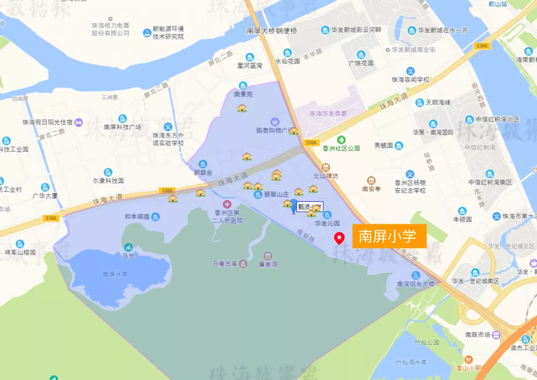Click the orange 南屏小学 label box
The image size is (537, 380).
pos(389,236)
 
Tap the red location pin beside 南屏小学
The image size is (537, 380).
pos(340,238)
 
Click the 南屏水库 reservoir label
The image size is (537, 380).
pos(116,274)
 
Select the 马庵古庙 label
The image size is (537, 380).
pos(224,263)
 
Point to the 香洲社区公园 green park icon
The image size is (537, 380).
pos(341,140)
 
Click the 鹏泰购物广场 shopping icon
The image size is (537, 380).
pos(275,121)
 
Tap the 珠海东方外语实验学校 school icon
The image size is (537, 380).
pos(168,127)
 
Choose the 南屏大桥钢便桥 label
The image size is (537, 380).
pos(272,31)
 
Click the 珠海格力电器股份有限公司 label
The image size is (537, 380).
pos(110,29)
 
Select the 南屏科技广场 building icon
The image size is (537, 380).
pos(122,118)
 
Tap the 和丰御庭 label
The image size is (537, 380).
pos(137,217)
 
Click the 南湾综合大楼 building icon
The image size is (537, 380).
pos(416,275)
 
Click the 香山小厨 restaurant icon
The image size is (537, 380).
pos(468,360)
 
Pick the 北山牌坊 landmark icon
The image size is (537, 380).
pos(326,167)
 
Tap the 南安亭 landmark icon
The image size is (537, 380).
pos(371,180)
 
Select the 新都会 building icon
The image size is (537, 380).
pos(202,164)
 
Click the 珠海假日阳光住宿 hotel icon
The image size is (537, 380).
pos(79,122)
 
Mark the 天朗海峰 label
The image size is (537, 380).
pos(438,102)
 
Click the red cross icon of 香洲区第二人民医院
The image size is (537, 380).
pos(227,204)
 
